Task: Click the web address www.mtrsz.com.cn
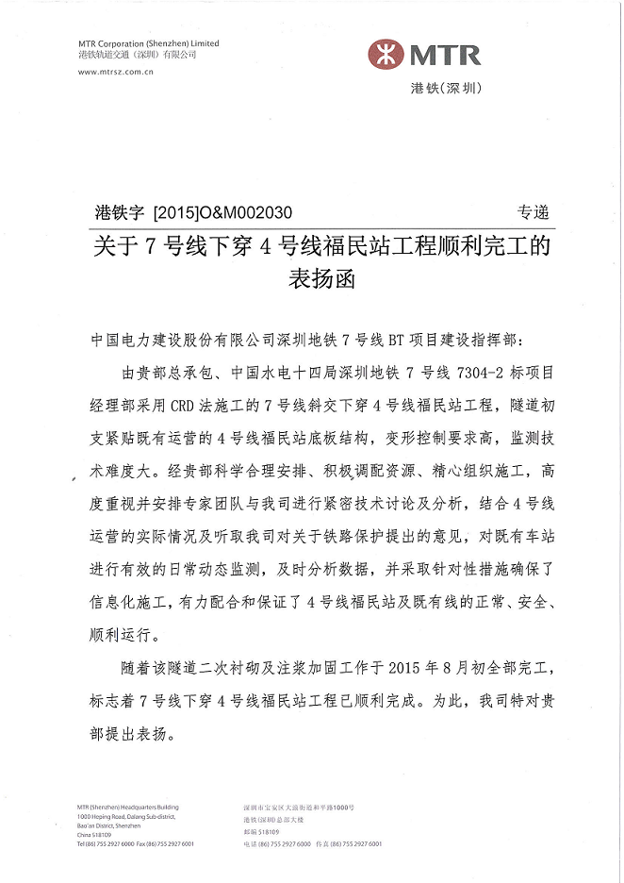pyautogui.click(x=116, y=72)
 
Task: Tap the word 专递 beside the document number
pyautogui.click(x=533, y=213)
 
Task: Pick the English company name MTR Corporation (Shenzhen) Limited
pyautogui.click(x=149, y=43)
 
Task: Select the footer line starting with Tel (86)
pyautogui.click(x=136, y=843)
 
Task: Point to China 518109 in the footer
pyautogui.click(x=94, y=834)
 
